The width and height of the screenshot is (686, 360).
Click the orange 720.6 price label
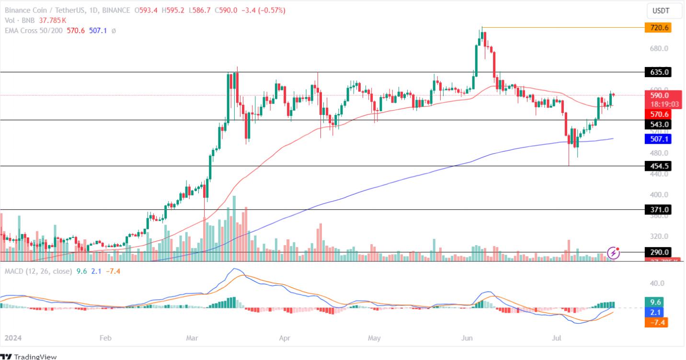tap(658, 28)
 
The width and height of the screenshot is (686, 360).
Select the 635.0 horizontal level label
tap(658, 72)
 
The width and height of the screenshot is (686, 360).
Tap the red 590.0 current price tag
tap(658, 95)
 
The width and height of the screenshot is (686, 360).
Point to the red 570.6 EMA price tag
tap(658, 114)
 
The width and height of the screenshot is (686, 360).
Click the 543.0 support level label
tap(658, 124)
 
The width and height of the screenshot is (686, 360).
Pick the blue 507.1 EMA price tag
tap(658, 139)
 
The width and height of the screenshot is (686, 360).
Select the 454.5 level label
tap(658, 166)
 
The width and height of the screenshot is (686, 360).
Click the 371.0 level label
tap(658, 210)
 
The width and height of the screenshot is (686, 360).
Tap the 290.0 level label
tap(658, 252)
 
